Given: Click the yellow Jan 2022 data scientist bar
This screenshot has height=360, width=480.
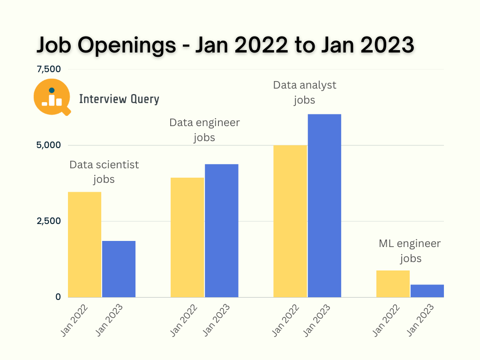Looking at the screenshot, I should pyautogui.click(x=84, y=244).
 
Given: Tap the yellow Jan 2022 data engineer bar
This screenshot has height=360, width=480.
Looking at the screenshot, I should pyautogui.click(x=187, y=237).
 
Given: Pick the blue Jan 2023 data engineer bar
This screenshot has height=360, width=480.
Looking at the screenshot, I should pyautogui.click(x=221, y=230).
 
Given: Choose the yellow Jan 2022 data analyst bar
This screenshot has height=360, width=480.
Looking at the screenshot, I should pyautogui.click(x=290, y=221).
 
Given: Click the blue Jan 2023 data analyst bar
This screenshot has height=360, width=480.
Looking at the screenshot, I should pyautogui.click(x=324, y=205).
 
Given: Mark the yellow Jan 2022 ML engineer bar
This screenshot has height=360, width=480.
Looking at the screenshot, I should pyautogui.click(x=393, y=284).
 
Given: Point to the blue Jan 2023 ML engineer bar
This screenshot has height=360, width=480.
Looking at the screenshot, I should pyautogui.click(x=427, y=291).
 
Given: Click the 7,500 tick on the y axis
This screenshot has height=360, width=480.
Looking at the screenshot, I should pyautogui.click(x=49, y=69).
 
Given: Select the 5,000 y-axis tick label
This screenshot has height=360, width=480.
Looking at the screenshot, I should pyautogui.click(x=49, y=145).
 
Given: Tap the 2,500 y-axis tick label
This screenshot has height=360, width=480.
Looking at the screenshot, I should pyautogui.click(x=49, y=221).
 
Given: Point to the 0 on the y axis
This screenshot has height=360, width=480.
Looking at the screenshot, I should pyautogui.click(x=58, y=297).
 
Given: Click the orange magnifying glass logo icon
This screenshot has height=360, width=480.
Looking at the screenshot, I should pyautogui.click(x=52, y=97).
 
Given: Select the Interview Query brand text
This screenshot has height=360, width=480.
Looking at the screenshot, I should pyautogui.click(x=119, y=99).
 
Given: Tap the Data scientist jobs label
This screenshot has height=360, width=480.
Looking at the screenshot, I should pyautogui.click(x=104, y=172).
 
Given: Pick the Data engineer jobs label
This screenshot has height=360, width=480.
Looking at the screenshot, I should pyautogui.click(x=204, y=130).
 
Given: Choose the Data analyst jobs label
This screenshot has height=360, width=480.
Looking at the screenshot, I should pyautogui.click(x=305, y=92).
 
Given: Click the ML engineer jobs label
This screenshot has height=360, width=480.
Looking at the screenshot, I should pyautogui.click(x=410, y=251).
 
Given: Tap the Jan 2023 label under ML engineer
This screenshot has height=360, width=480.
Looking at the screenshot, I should pyautogui.click(x=420, y=319).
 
